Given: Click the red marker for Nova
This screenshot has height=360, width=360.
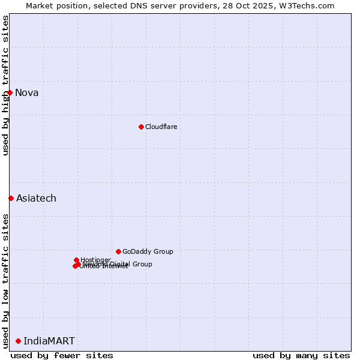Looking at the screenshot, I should (10, 92).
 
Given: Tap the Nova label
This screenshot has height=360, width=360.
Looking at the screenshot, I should (26, 92).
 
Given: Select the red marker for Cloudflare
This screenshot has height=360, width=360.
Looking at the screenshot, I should (141, 127).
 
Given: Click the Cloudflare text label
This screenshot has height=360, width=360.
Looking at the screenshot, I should (161, 127).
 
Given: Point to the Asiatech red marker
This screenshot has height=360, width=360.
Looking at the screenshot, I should (11, 198).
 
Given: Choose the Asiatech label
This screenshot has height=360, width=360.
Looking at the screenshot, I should (36, 198).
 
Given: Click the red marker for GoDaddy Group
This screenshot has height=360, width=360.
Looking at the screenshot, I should (118, 251).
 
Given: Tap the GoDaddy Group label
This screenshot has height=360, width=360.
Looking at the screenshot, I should (148, 251).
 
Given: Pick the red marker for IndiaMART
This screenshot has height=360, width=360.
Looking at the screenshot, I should (18, 341).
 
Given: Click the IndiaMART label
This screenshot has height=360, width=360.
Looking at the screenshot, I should (49, 341).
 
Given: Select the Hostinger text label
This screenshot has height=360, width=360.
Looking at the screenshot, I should (95, 260).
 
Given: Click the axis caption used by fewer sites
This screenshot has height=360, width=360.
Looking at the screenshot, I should (62, 355).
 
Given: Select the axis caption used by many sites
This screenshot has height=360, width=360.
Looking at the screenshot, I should (301, 355).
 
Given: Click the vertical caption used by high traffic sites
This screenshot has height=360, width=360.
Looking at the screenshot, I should (5, 85).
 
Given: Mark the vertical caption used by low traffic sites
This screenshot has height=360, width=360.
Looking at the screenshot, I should (5, 281).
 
